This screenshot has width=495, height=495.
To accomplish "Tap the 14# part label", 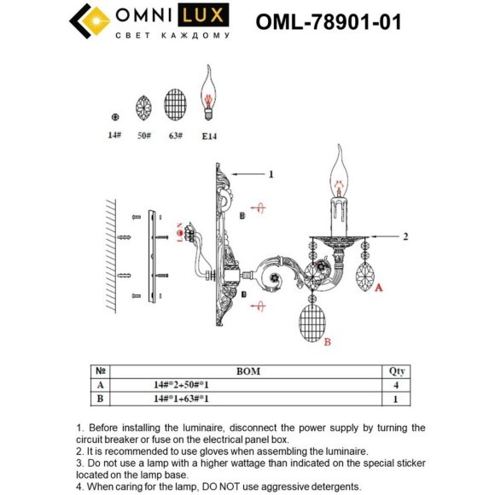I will pos(114,136).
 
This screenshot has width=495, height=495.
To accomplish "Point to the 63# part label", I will pos(174,136).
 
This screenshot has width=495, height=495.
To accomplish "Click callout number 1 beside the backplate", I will pos(271,174).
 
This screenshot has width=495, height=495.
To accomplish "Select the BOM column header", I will pos(247,372).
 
